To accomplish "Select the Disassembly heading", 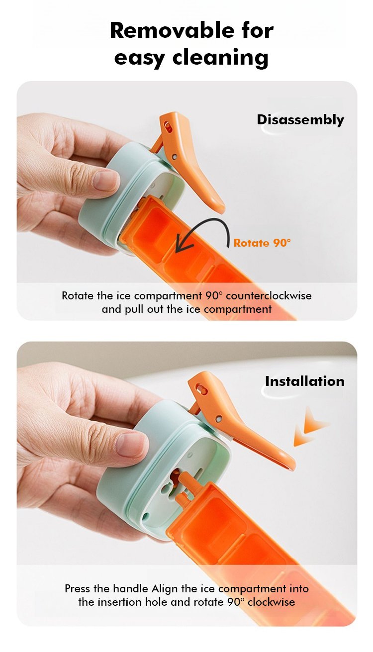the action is (x=300, y=120).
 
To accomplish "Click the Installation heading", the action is (x=304, y=381).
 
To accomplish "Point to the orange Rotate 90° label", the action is (x=262, y=243).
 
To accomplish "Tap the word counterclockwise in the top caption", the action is (x=269, y=296).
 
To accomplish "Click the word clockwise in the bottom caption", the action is (x=271, y=602).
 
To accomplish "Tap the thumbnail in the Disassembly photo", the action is (x=106, y=181).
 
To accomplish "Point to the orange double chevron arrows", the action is (x=310, y=427).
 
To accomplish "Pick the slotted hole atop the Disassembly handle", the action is (x=167, y=126).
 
